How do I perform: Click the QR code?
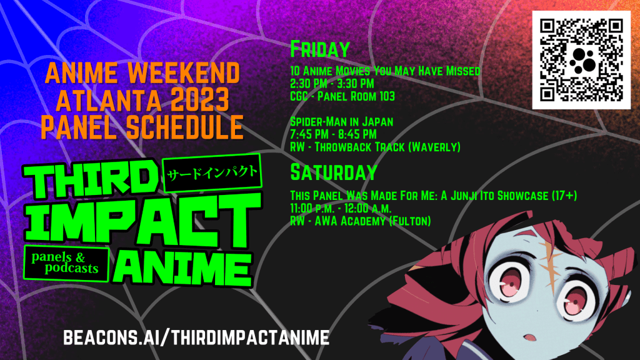581,60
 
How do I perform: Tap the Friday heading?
320,49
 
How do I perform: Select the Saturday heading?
334,172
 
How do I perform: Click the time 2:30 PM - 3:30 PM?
332,84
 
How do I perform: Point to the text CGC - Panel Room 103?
342,96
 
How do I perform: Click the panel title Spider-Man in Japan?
342,122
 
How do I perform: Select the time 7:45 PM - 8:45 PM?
333,134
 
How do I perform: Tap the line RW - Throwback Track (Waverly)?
375,147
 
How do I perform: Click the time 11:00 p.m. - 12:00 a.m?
341,209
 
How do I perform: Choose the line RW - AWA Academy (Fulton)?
361,221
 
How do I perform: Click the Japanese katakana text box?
212,173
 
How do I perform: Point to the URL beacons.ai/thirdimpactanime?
196,337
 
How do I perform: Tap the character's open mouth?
531,337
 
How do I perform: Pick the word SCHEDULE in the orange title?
185,127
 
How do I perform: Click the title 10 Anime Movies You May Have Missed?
385,71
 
